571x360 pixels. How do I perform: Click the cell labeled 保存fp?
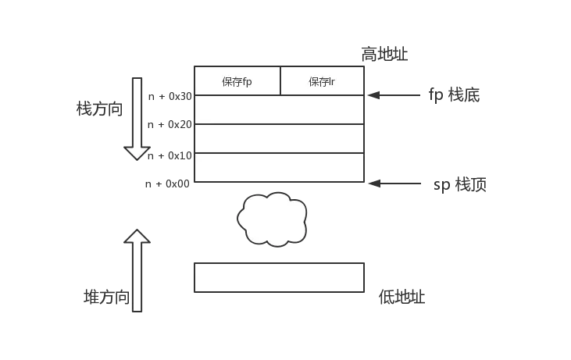click(x=237, y=80)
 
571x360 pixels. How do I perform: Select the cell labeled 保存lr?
click(x=322, y=80)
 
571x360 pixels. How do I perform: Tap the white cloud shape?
click(x=272, y=219)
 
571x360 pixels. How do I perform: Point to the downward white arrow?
click(x=137, y=117)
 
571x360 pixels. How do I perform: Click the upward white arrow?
click(x=137, y=269)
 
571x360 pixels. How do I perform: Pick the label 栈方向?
click(x=100, y=109)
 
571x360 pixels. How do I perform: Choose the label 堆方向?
click(x=105, y=297)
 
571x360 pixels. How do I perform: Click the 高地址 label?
click(x=386, y=54)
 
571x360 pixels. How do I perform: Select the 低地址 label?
click(x=401, y=297)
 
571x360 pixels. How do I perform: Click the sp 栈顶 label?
click(x=459, y=185)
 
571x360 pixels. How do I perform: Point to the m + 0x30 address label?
click(x=169, y=96)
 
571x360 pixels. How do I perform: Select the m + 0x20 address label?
click(x=169, y=125)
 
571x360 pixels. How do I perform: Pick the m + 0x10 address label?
click(x=169, y=155)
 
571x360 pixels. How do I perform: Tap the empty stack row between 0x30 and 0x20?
click(x=279, y=109)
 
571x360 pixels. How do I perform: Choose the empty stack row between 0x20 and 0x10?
click(x=279, y=138)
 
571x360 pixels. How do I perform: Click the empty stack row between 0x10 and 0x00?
click(x=279, y=167)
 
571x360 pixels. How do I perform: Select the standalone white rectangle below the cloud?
click(x=279, y=277)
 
